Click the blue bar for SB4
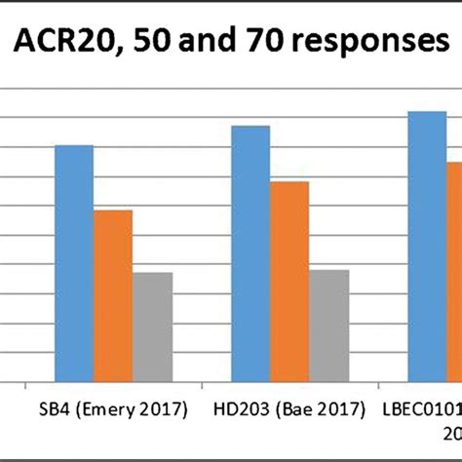click(x=74, y=263)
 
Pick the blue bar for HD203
click(x=250, y=253)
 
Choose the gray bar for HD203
click(x=328, y=326)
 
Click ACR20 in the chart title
click(x=73, y=44)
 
